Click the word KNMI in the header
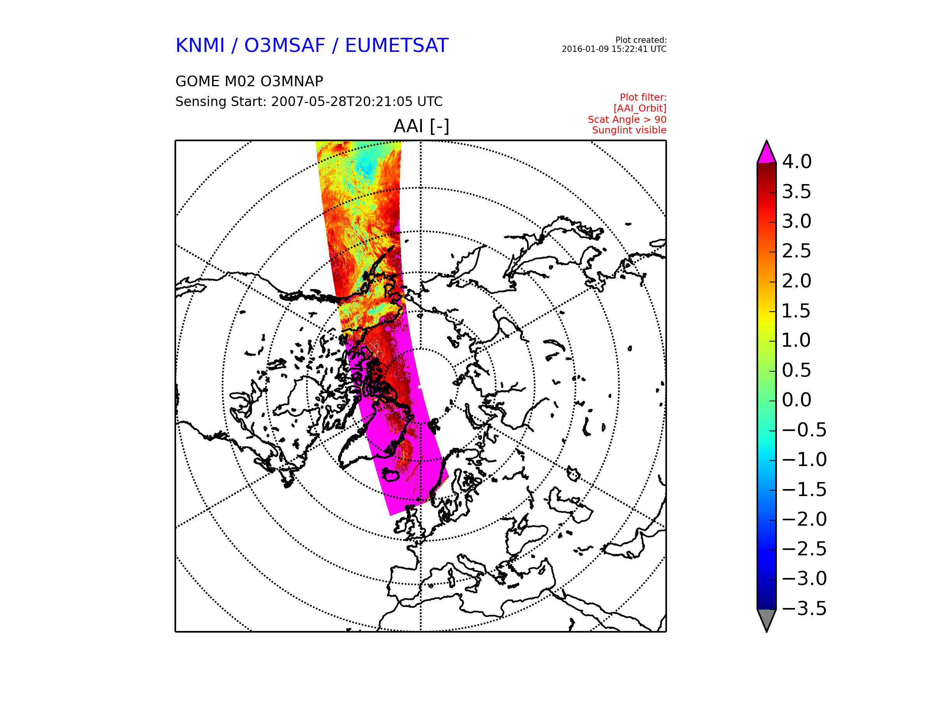point(200,45)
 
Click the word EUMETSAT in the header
point(397,45)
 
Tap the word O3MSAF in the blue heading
point(285,45)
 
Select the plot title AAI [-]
point(422,126)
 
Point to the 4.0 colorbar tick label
point(797,161)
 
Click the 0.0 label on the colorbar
point(797,400)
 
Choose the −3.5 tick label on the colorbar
point(804,608)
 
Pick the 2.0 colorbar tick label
point(797,281)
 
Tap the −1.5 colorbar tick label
point(804,489)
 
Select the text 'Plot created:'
point(641,40)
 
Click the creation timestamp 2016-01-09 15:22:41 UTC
point(614,49)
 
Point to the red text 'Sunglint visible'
point(630,130)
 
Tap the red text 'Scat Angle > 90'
point(627,120)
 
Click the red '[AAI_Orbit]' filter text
point(640,109)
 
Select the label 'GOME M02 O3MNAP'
point(249,81)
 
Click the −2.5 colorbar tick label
point(804,549)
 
